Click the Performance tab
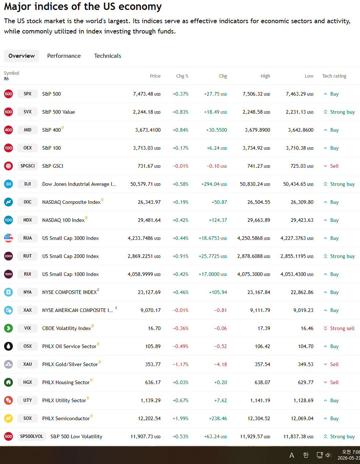click(64, 56)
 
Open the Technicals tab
click(107, 56)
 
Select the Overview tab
click(21, 56)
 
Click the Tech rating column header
click(334, 76)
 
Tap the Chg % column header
click(182, 76)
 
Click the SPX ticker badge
click(28, 94)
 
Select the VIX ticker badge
click(28, 328)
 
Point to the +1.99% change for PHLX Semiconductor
click(181, 418)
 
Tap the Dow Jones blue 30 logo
click(8, 184)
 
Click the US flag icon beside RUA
click(8, 238)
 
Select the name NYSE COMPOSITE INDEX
click(69, 292)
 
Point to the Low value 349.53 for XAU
click(306, 364)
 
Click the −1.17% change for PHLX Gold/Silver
click(181, 364)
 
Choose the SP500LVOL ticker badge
click(32, 436)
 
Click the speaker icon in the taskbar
click(328, 455)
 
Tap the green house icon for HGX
click(8, 382)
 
